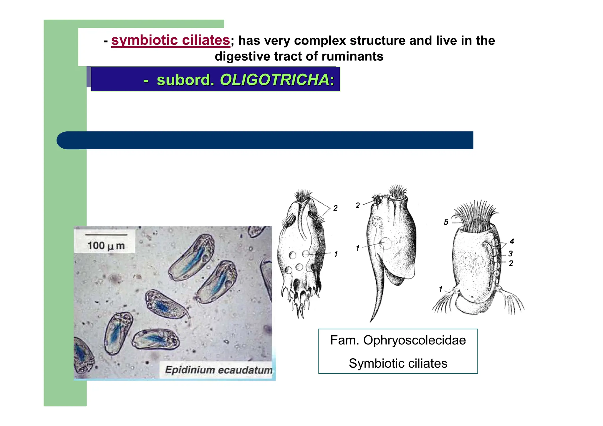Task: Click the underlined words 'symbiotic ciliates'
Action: point(170,40)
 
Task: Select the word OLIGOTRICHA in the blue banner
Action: point(274,80)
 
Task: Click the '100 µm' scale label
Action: point(106,246)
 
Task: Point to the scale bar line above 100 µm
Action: point(106,235)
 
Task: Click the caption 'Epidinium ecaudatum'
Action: point(218,370)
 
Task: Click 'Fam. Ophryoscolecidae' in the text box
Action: point(398,340)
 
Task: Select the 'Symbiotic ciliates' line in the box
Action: point(398,363)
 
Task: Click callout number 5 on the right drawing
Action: point(446,223)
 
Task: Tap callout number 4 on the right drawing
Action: point(512,242)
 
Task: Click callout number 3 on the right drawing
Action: point(511,253)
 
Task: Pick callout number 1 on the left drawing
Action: point(336,254)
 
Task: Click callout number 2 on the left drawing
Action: point(335,208)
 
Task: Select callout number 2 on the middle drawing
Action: point(357,205)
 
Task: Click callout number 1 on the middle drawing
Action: point(357,248)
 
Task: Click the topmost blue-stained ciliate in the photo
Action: point(192,257)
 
